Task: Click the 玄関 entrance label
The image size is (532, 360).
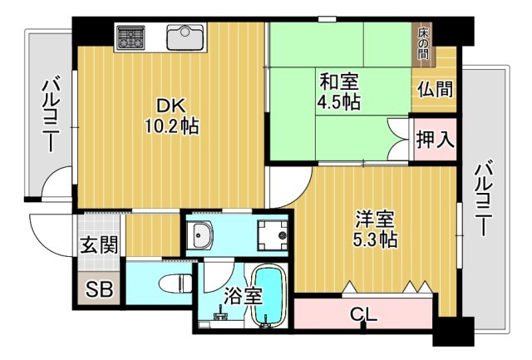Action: pos(98,245)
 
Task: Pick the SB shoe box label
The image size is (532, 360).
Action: pos(100,291)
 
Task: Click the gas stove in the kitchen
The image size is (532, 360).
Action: pos(131,37)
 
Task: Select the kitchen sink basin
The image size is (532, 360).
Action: pos(185,37)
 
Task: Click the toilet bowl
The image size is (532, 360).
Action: pos(173,283)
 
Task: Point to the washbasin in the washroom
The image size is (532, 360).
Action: pos(203,236)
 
